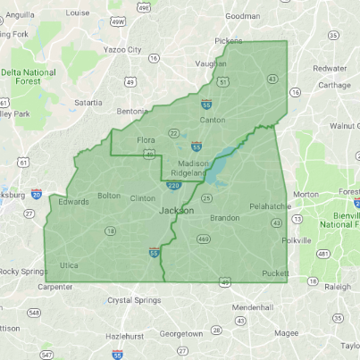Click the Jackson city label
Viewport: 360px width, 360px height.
click(x=177, y=210)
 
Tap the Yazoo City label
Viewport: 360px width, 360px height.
click(x=121, y=50)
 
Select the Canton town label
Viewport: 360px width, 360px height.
click(x=213, y=120)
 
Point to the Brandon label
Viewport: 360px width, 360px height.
click(x=225, y=218)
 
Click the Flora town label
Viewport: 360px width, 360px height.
click(x=146, y=141)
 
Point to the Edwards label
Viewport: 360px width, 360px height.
click(x=73, y=202)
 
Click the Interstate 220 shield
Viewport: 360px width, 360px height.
click(x=174, y=185)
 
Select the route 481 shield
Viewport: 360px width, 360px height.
click(x=322, y=255)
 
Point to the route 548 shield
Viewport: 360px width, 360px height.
click(x=33, y=312)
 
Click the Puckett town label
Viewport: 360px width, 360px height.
click(x=276, y=273)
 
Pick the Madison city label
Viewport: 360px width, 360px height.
click(x=193, y=163)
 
